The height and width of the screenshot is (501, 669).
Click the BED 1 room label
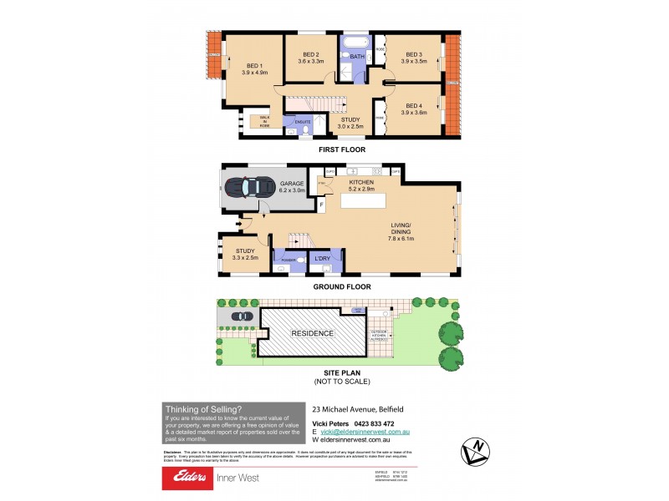pyautogui.click(x=254, y=65)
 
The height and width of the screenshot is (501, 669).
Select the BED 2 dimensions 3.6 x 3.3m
pyautogui.click(x=311, y=61)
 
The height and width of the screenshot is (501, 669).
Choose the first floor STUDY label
pyautogui.click(x=350, y=119)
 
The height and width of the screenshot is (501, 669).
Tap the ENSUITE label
pyautogui.click(x=302, y=122)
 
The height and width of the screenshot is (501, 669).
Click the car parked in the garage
pyautogui.click(x=251, y=185)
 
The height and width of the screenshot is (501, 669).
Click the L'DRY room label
pyautogui.click(x=322, y=259)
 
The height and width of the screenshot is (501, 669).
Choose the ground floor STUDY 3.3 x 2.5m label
pyautogui.click(x=245, y=254)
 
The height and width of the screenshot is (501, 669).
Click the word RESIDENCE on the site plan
pyautogui.click(x=312, y=333)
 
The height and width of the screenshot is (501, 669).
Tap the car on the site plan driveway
pyautogui.click(x=240, y=316)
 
